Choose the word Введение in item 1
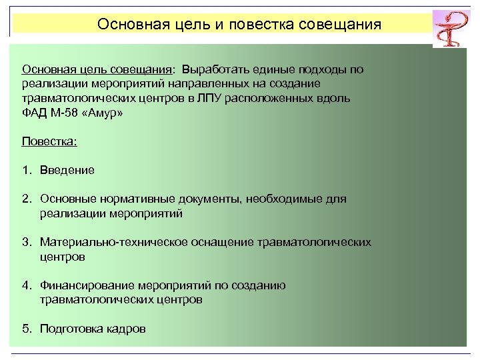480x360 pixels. [x=67, y=170]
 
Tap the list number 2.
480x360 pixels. [x=25, y=199]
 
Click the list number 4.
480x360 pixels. [x=25, y=285]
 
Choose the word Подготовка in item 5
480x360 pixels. [x=71, y=329]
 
